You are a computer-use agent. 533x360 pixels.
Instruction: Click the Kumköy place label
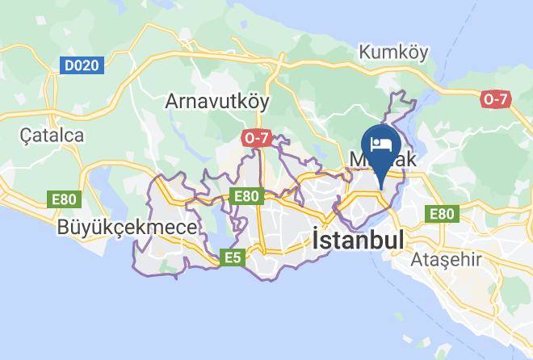(392, 52)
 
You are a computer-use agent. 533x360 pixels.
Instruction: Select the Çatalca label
(52, 135)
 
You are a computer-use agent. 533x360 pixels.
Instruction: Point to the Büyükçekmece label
(127, 228)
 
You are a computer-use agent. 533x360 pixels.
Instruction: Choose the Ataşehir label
(446, 260)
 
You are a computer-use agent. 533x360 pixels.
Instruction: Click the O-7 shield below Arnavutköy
(255, 138)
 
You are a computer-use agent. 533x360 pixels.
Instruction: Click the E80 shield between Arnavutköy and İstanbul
(246, 195)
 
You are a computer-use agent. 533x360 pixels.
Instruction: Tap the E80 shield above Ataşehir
(442, 214)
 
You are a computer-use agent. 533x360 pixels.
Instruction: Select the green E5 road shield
(233, 257)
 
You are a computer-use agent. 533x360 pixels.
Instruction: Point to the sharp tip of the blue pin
(381, 189)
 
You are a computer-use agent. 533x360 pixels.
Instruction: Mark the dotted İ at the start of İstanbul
(317, 240)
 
